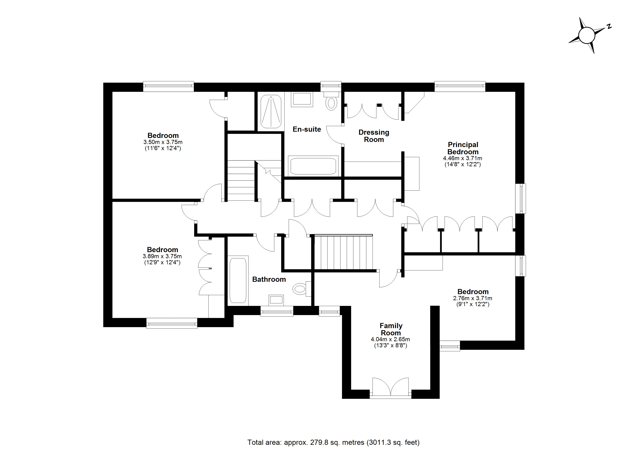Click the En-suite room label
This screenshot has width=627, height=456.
click(x=307, y=129)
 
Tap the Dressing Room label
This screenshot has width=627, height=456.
click(x=374, y=136)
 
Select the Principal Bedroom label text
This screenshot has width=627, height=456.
click(x=463, y=148)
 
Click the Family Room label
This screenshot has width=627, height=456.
click(x=391, y=329)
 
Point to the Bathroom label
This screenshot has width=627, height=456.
click(x=269, y=279)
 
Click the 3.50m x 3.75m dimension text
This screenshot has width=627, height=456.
click(x=163, y=142)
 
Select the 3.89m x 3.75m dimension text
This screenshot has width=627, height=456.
click(x=162, y=256)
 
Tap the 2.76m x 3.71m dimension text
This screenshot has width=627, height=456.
click(x=473, y=298)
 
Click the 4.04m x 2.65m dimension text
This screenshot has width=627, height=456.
click(x=390, y=339)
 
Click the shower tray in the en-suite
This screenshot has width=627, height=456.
click(x=271, y=112)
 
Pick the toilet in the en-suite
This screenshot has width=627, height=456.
click(x=331, y=101)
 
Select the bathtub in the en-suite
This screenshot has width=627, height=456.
click(x=313, y=166)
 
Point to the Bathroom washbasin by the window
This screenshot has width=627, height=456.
click(x=276, y=300)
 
